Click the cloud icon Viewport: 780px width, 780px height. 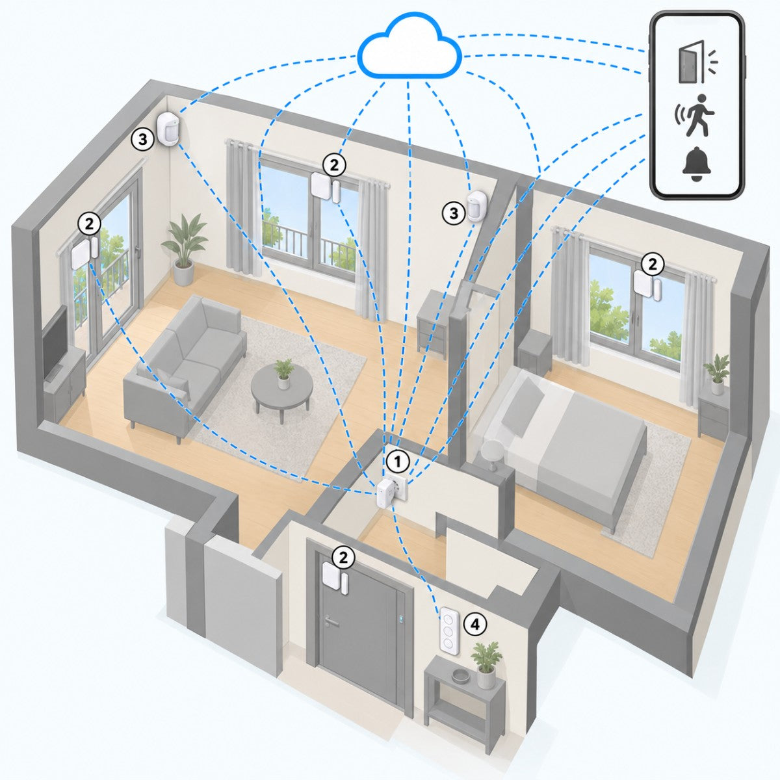pyautogui.click(x=409, y=47)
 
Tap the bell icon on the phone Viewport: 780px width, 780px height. pyautogui.click(x=696, y=164)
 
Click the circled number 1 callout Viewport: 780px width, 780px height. pyautogui.click(x=398, y=461)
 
